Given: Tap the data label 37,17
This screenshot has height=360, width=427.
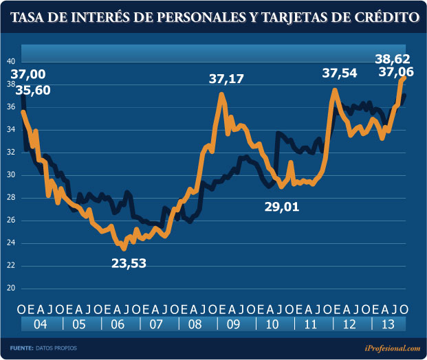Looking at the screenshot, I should (226, 80).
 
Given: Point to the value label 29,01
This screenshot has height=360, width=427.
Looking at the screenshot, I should (282, 205).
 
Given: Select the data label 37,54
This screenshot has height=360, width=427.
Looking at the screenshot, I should (342, 74).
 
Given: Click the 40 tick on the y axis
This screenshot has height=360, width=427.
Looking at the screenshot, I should (11, 61).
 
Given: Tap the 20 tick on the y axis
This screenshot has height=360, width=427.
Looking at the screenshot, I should (11, 288).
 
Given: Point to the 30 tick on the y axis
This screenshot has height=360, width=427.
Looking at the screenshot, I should (11, 175).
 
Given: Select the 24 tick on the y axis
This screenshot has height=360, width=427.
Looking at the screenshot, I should (11, 243).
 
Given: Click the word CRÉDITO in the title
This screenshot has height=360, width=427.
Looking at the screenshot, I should (383, 16).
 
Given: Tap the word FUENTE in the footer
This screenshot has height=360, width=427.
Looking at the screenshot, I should (21, 348).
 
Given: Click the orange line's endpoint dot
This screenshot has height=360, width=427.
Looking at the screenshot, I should (403, 79).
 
